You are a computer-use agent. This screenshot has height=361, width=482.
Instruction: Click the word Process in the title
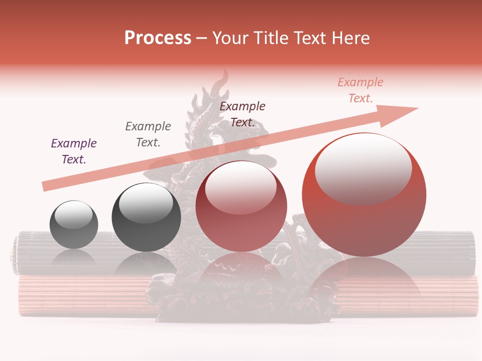(158, 38)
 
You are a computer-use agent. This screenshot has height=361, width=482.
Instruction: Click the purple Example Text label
(74, 151)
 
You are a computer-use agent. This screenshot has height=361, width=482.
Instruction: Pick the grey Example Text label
(148, 134)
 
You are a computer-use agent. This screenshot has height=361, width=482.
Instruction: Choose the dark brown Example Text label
(243, 114)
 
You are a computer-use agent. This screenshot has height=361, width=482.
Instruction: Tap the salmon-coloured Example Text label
(360, 90)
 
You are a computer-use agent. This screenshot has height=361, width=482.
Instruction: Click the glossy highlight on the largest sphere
(363, 168)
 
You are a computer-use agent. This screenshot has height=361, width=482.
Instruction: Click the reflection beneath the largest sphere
(364, 281)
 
